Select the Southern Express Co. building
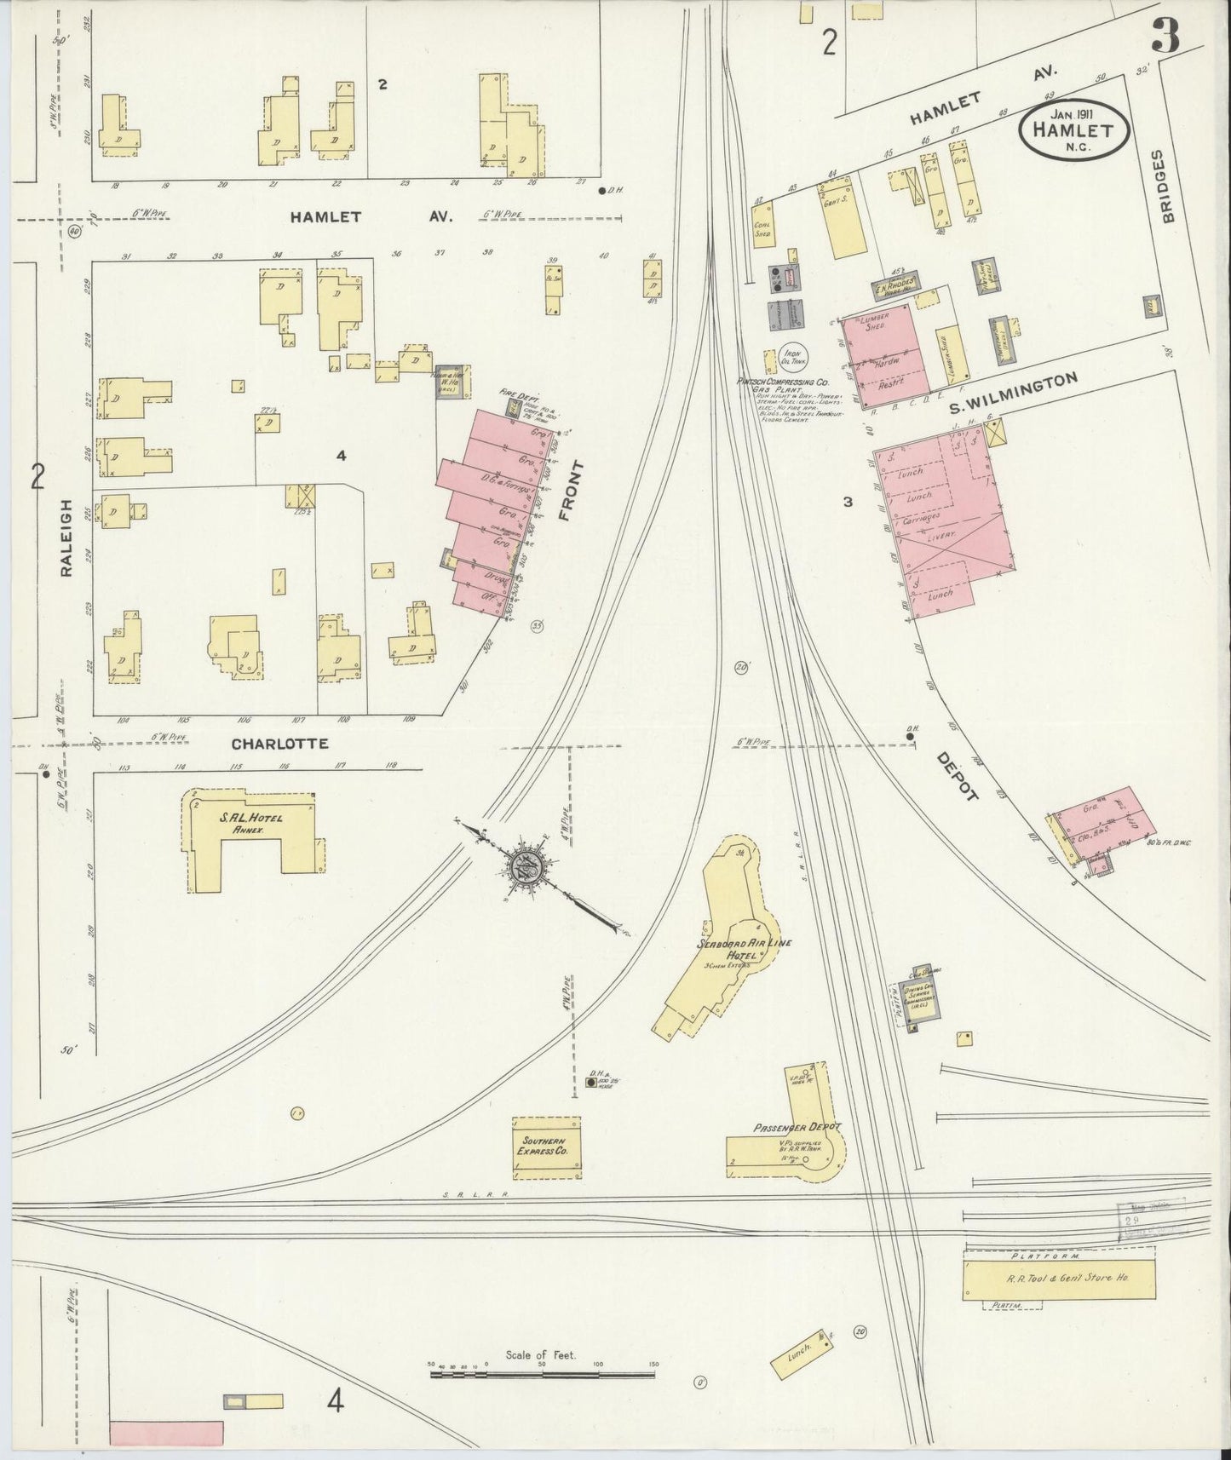click(546, 1147)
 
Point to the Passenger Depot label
click(797, 1126)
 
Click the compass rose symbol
click(524, 870)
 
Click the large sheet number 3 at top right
click(1165, 36)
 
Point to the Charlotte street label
click(279, 743)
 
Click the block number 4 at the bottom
click(337, 1400)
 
